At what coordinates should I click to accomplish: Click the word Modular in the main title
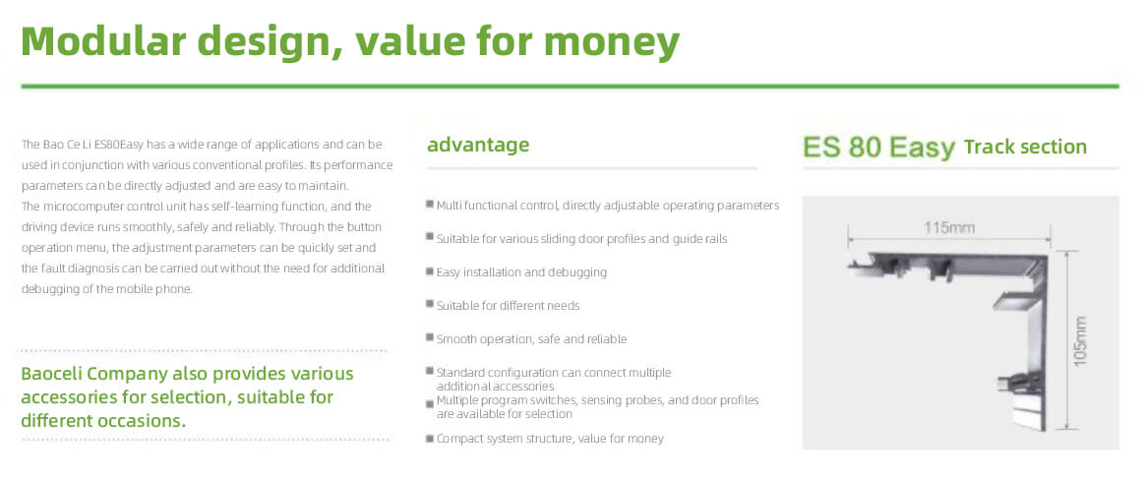pos(103,41)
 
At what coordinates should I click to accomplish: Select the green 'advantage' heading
pos(478,146)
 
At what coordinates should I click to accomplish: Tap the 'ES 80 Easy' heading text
pos(879,148)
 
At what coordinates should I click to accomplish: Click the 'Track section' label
pos(1025,147)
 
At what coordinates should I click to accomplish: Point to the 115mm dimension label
pos(948,228)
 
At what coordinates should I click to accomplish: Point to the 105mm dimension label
pos(1081,340)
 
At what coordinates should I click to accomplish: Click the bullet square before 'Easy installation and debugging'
pos(430,271)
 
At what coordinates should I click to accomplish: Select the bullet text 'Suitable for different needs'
pos(509,305)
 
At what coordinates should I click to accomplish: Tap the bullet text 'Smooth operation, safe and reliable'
pos(531,339)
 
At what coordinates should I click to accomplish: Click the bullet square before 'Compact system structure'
pos(430,439)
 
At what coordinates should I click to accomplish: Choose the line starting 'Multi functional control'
pos(608,206)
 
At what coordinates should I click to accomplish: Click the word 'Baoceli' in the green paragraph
pos(50,374)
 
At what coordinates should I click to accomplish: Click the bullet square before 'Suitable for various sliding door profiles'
pos(430,238)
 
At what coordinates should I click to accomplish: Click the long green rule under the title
pos(570,87)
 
